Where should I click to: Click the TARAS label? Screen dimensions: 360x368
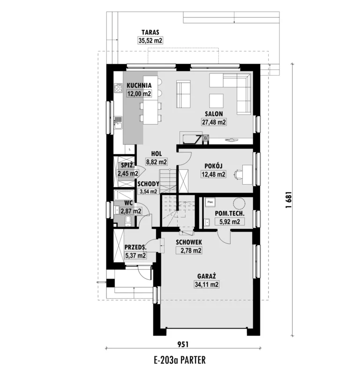point(150,32)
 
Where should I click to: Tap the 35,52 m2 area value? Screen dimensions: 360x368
point(150,40)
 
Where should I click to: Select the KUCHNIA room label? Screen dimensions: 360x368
point(139,85)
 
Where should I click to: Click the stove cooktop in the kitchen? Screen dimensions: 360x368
point(118,88)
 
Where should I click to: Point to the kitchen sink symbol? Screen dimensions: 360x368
point(118,122)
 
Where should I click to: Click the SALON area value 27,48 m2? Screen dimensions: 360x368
point(214,122)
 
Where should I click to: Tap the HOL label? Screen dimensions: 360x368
point(156,154)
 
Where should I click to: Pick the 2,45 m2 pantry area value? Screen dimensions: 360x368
point(128,173)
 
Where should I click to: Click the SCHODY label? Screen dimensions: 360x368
point(148,183)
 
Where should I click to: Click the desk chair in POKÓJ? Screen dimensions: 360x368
point(238,174)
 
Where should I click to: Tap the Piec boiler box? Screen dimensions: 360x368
point(210,202)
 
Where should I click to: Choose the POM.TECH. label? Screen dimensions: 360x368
point(230,214)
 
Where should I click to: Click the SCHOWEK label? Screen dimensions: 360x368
point(189,242)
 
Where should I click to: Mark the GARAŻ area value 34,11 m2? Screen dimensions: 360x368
point(207,285)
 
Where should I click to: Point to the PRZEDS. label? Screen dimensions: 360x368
point(135,247)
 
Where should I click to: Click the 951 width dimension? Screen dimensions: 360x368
point(183,344)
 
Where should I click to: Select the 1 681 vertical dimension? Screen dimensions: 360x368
point(288,200)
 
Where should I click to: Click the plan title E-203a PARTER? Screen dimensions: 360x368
point(180,360)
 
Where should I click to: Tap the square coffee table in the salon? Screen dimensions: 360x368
point(216,101)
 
